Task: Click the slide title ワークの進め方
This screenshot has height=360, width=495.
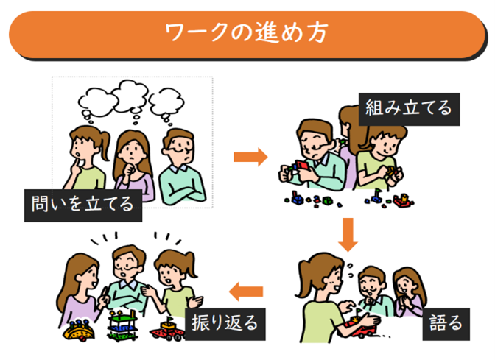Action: (247, 34)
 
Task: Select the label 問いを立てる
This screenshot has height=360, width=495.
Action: (82, 202)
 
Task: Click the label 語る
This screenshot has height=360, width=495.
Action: (446, 322)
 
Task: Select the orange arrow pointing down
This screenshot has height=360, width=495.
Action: (350, 235)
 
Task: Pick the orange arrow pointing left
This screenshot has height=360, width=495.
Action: (246, 293)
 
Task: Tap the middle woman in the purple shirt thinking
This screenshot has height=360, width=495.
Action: (131, 166)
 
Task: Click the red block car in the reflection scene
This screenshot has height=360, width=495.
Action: (168, 331)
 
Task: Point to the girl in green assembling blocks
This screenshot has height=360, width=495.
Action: (383, 158)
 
